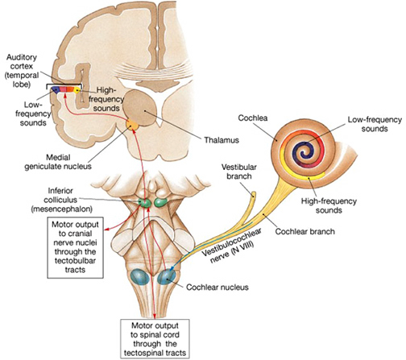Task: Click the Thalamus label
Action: coord(222,140)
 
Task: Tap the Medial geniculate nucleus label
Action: coord(58,162)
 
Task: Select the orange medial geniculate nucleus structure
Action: coord(132,125)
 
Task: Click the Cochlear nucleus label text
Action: coord(217,288)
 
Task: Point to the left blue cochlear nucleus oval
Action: coord(139,276)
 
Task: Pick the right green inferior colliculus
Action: coord(160,202)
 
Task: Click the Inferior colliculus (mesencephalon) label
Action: coord(61,200)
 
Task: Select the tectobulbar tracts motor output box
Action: coord(75,247)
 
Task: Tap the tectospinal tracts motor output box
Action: coord(155,339)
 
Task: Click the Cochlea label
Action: coord(253,118)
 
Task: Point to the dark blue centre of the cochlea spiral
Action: coord(304,151)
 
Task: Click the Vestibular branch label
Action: coord(239,172)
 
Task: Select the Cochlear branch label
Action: coord(305,231)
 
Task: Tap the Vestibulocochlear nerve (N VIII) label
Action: coord(231,246)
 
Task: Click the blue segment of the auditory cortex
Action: coord(56,89)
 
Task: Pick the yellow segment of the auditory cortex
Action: coord(77,90)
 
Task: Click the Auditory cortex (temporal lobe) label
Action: coord(22,71)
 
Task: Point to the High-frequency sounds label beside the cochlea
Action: coord(329,205)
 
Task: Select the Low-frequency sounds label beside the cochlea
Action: coord(375,124)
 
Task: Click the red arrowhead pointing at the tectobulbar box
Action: coord(106,229)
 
